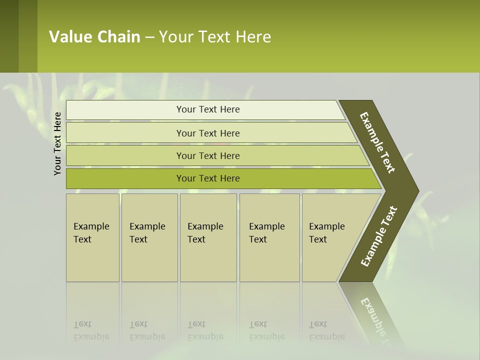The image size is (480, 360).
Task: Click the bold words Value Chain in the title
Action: point(94,37)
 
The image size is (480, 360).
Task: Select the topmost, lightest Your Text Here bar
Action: point(207,109)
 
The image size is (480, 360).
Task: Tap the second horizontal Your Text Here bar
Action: point(207,133)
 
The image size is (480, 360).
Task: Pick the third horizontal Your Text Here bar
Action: point(207,155)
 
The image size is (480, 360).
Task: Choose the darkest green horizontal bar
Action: point(207,178)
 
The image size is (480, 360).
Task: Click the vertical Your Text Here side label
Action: point(57,143)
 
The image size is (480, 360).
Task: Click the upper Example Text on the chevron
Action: point(378,142)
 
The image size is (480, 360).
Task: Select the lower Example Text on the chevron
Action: point(379,236)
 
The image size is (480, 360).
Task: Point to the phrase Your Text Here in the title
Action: point(215,37)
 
